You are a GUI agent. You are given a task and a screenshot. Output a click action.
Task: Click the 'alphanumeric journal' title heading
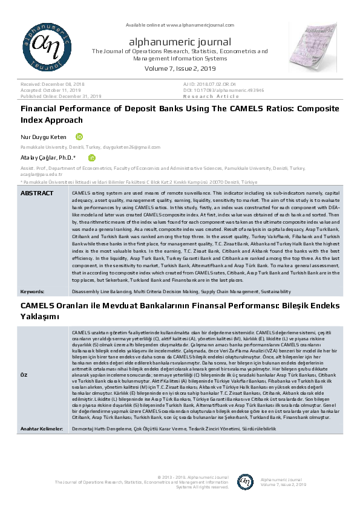point(180,42)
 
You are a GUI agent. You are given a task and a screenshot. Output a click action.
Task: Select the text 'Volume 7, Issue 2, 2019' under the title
point(180,70)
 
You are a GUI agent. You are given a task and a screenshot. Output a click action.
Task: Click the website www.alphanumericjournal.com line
point(180,24)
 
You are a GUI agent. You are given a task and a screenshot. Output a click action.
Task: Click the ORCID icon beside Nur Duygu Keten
point(79,137)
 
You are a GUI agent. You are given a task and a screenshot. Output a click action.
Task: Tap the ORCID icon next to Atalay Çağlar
point(92,158)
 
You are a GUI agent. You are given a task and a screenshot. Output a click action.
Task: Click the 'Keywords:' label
point(32,291)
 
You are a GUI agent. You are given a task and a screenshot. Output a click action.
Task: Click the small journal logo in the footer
point(245,482)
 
